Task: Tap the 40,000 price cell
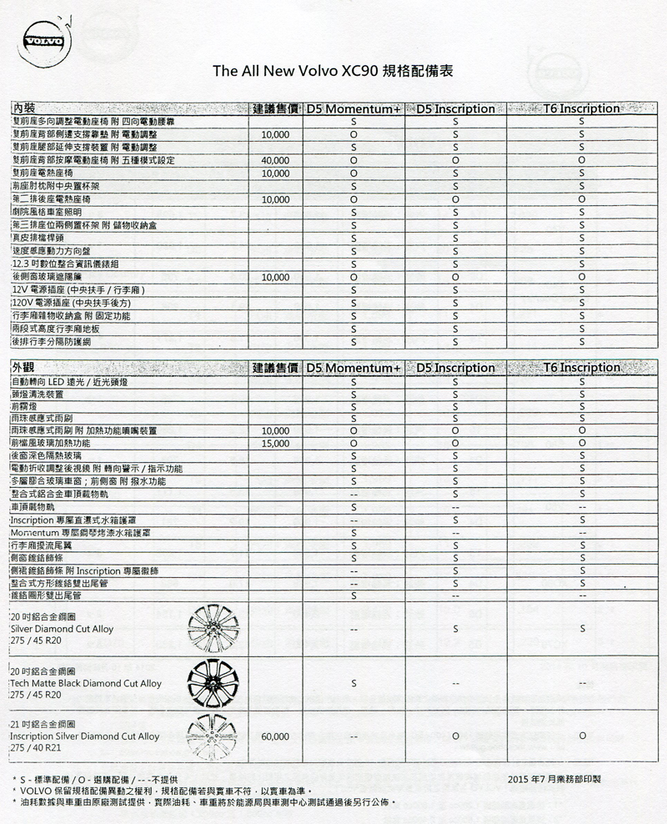[x=274, y=160]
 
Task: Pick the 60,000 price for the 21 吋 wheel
[x=274, y=737]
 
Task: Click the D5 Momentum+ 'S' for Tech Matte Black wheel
[x=354, y=684]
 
